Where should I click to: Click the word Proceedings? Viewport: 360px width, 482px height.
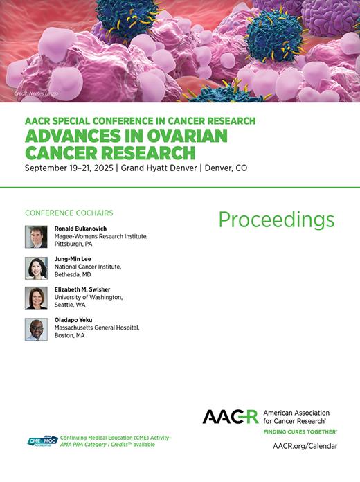[x=276, y=220]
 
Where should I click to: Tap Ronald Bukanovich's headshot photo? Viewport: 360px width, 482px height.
[x=36, y=237]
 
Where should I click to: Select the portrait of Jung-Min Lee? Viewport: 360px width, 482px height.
[x=36, y=268]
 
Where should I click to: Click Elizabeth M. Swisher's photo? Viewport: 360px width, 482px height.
[x=36, y=298]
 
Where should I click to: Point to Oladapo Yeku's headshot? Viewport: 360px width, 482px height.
[x=36, y=329]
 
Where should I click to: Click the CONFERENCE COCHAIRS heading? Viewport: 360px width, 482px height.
[x=69, y=213]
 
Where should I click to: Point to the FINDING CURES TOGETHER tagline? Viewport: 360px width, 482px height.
[x=300, y=431]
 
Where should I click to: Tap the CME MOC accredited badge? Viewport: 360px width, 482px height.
[x=41, y=441]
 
